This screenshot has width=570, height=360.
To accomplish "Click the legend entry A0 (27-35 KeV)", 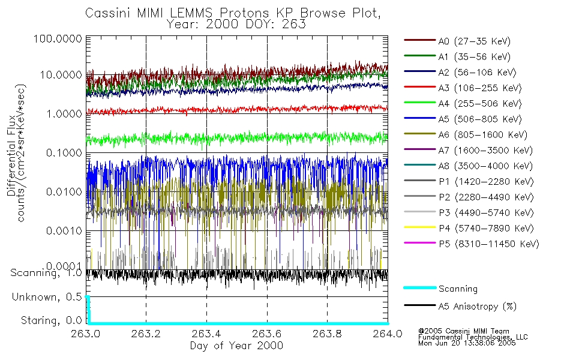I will click(474, 41).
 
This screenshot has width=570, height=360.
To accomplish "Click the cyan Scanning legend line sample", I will click(419, 289).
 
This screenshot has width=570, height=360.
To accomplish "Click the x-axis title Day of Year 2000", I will click(236, 346).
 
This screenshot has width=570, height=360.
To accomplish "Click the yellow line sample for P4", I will click(419, 229).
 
